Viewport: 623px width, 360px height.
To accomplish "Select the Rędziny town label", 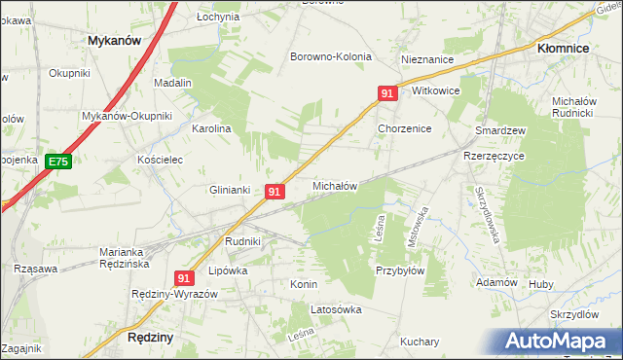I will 150,337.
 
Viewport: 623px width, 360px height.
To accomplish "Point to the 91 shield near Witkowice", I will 387,93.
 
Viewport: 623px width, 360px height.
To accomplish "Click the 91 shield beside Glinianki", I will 275,192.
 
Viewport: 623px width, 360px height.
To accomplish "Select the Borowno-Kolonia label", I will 331,56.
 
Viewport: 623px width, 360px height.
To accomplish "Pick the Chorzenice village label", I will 404,128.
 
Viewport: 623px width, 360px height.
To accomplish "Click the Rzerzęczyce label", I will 494,156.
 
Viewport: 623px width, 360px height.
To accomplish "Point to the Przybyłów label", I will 400,271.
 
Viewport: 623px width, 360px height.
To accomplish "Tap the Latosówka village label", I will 336,309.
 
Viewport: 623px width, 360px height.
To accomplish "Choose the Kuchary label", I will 420,342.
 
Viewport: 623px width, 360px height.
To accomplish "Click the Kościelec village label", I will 161,160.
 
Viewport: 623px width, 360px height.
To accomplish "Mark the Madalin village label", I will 172,84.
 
